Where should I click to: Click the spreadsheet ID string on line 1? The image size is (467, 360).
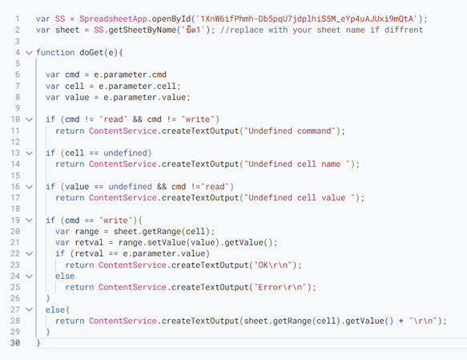[307, 19]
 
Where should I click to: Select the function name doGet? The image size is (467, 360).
[91, 52]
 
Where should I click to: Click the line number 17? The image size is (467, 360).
[15, 198]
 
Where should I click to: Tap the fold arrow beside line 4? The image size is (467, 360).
[29, 53]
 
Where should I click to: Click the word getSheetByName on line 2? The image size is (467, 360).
[143, 30]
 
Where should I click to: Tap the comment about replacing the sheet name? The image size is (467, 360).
[322, 30]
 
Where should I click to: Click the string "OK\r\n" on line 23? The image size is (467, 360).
[273, 265]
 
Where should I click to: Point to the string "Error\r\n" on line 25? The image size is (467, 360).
[280, 287]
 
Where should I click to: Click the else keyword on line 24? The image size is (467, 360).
[65, 276]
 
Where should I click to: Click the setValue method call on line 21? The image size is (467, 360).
[167, 243]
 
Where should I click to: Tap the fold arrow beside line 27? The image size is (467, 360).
[29, 309]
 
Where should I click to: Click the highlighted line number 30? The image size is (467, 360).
[15, 343]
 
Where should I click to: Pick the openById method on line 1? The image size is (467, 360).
[171, 19]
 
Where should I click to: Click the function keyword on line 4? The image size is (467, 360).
[55, 52]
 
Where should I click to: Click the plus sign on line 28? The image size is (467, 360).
[401, 321]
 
